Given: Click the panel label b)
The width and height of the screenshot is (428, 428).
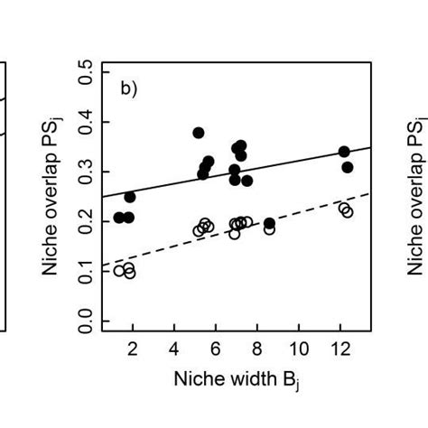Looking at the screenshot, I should pos(130,88).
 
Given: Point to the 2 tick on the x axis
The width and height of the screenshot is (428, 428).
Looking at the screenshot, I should pos(133,349).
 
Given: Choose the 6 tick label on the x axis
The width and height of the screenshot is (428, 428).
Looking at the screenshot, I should pos(216,349).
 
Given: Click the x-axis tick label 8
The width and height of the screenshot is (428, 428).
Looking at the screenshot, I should pos(257,349).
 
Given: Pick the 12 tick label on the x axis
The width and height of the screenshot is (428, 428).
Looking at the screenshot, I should pos(340,349).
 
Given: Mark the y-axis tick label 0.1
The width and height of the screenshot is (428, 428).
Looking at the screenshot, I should pos(85,269).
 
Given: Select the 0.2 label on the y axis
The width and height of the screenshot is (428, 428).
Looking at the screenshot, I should pos(85,220).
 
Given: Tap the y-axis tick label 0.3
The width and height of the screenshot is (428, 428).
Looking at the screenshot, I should pos(85,172).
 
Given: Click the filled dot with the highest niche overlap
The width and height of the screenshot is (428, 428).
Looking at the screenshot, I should pos(199,133).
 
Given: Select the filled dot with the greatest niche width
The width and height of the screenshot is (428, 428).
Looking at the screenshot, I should pos(348,167).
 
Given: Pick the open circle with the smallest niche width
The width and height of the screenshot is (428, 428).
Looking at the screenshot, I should pos(119,270).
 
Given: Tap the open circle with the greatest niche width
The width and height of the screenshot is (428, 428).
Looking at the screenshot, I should pos(348,212).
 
